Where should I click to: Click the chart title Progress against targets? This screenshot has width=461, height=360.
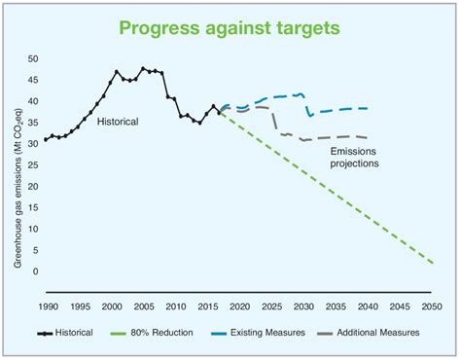[230, 26]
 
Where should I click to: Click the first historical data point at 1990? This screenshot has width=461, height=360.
[46, 141]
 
